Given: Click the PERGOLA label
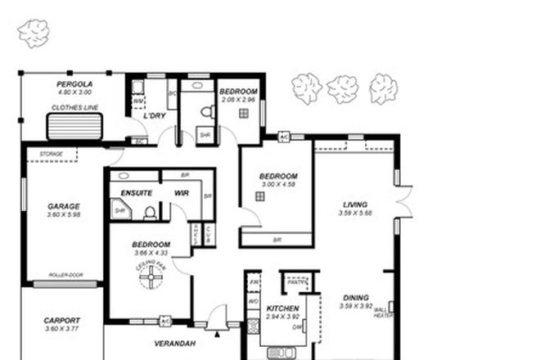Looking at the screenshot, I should (74, 84).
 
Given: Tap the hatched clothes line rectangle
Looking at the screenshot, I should (74, 127).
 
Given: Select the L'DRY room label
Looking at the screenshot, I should (155, 115).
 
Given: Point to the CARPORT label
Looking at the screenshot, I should (61, 320).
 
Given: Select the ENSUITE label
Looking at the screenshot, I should (136, 193).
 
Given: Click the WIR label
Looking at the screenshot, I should (182, 193).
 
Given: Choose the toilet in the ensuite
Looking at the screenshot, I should (150, 213).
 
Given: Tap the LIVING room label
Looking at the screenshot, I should (355, 205).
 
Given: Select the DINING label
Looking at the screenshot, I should (355, 298).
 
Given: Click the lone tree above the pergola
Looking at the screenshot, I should (34, 33).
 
